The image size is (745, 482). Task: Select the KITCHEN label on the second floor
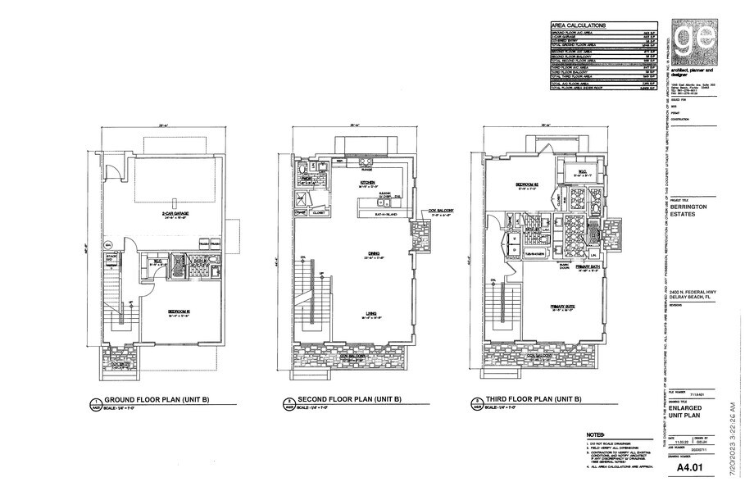pos(368,183)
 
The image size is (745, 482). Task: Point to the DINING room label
pos(375,254)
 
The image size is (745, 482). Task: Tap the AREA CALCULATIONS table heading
pos(579,25)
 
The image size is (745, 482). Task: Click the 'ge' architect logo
pos(691,40)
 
